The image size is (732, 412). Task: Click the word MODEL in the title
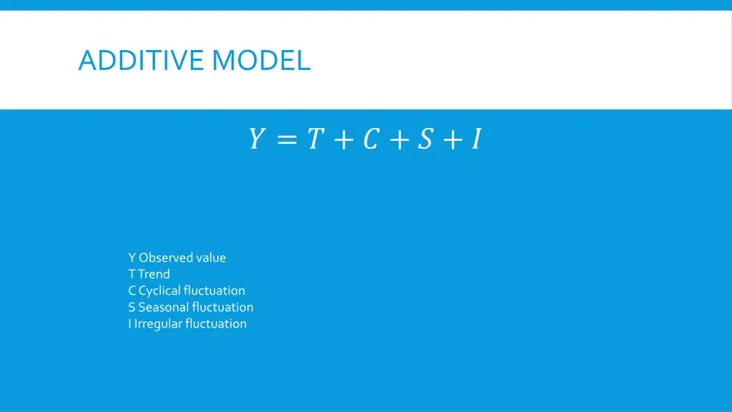click(x=261, y=60)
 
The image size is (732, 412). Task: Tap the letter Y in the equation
click(x=256, y=139)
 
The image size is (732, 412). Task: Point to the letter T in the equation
click(x=314, y=139)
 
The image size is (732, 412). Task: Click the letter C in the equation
click(x=370, y=139)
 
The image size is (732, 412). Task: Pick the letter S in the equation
click(x=425, y=139)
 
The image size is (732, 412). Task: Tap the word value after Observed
click(x=211, y=257)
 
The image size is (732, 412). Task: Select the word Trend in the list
click(x=154, y=274)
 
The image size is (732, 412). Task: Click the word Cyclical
click(x=159, y=290)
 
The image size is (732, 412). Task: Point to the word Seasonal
click(x=164, y=307)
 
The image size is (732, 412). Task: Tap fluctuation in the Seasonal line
click(x=222, y=307)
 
